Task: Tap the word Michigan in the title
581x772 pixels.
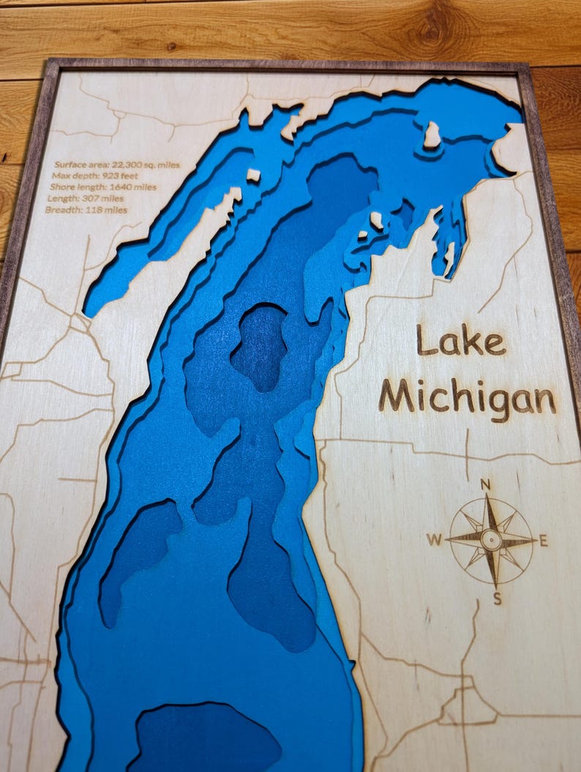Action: [467, 398]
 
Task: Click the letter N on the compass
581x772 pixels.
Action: [484, 484]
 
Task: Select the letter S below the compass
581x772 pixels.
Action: [497, 600]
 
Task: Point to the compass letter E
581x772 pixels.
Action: [543, 541]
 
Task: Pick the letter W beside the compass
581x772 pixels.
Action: [434, 541]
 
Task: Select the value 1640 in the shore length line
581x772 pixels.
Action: [122, 187]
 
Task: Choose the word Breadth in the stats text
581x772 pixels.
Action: [62, 210]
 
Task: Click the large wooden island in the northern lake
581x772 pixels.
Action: [432, 135]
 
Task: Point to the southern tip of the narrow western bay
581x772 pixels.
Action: [91, 307]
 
